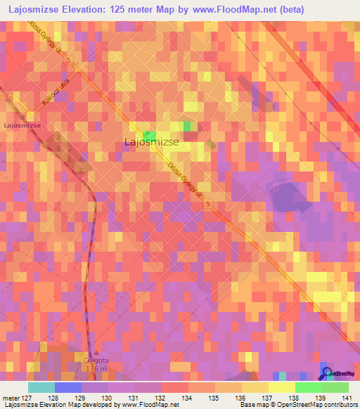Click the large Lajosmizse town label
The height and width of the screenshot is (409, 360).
150,142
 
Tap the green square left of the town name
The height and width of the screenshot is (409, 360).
150,134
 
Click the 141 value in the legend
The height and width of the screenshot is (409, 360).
347,397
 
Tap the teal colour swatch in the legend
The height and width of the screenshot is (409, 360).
41,387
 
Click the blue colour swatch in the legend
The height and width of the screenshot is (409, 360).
68,387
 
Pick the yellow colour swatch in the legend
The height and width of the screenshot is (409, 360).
282,387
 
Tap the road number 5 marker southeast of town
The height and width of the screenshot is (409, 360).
209,204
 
